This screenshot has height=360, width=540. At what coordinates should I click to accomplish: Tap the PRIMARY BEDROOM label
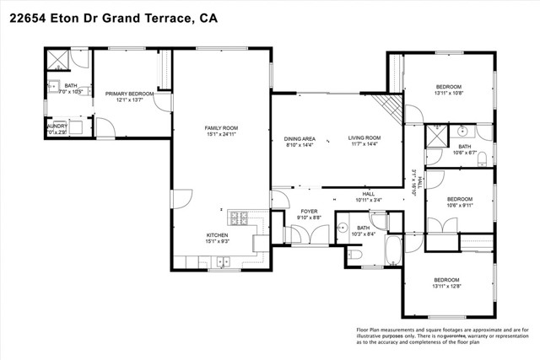point(129,94)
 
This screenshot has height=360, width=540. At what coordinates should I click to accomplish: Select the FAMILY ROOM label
point(219,128)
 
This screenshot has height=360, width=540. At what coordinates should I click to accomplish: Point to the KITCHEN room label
point(218,235)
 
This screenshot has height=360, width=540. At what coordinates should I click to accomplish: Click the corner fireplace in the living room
point(389,105)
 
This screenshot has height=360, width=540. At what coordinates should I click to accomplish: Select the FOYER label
point(310,212)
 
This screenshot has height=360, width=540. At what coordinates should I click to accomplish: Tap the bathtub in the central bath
point(393,250)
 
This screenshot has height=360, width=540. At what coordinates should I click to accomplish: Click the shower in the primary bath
point(57,58)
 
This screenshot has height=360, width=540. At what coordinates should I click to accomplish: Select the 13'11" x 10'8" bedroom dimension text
point(448,94)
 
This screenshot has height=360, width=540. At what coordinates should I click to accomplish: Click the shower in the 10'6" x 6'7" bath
point(435,135)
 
